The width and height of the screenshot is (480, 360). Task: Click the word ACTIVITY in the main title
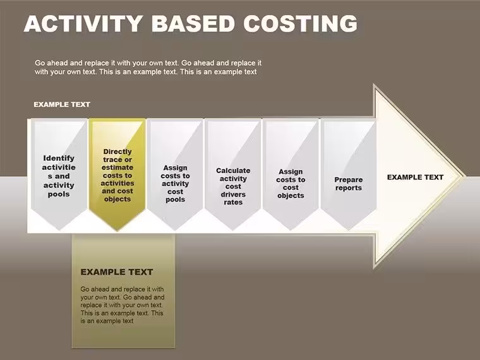[83, 23]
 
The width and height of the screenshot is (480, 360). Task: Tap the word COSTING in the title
[300, 23]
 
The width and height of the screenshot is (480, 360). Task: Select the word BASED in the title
[193, 23]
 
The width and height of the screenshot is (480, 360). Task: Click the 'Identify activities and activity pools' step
[59, 174]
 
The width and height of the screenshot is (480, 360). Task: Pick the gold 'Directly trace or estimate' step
[117, 174]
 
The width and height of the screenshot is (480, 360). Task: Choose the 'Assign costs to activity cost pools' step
[175, 174]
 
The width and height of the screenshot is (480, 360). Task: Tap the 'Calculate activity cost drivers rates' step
[233, 174]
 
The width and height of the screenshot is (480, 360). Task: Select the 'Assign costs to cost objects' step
[291, 174]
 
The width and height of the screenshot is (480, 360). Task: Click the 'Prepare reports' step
[349, 174]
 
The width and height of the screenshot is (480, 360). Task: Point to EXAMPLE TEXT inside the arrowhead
[415, 177]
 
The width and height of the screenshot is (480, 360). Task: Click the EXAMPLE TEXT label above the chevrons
[62, 104]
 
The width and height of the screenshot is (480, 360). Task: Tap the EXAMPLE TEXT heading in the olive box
[117, 272]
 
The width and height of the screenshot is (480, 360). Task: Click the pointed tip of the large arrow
[465, 176]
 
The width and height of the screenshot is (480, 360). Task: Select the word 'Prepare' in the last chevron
[349, 180]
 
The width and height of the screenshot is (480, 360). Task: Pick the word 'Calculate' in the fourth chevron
[233, 171]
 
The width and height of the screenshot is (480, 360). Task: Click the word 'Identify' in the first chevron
[59, 159]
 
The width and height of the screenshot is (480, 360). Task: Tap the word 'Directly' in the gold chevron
[117, 152]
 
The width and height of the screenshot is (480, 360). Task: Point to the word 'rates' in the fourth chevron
[233, 202]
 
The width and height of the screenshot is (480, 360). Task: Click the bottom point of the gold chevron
[117, 230]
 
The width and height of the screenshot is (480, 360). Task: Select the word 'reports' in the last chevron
[349, 188]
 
